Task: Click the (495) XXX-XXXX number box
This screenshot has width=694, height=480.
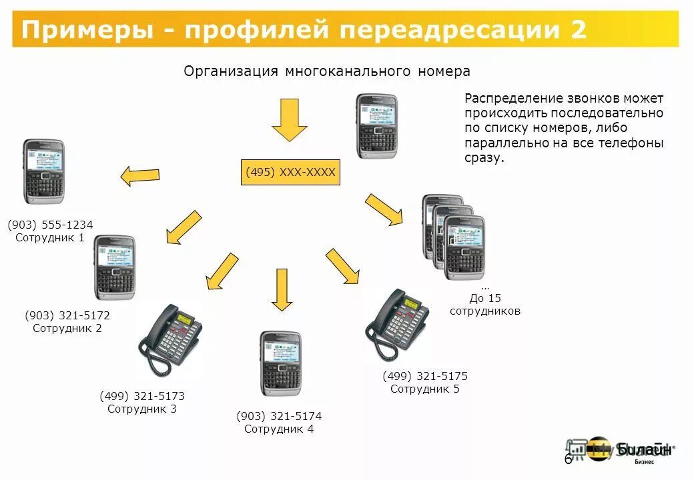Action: pyautogui.click(x=290, y=172)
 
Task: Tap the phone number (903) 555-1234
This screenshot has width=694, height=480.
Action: pyautogui.click(x=50, y=225)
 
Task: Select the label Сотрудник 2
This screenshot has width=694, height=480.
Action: pyautogui.click(x=67, y=328)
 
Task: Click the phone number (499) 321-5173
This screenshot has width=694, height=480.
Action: pyautogui.click(x=142, y=396)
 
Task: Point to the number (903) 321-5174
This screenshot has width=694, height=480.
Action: pyautogui.click(x=279, y=416)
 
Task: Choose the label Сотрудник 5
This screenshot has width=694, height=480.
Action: pyautogui.click(x=425, y=389)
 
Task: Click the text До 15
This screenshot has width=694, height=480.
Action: pyautogui.click(x=485, y=298)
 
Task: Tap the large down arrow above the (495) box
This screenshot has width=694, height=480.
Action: pyautogui.click(x=290, y=119)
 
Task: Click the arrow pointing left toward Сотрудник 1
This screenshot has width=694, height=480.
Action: pyautogui.click(x=140, y=175)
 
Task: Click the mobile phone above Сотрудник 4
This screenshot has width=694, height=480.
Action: pyautogui.click(x=280, y=363)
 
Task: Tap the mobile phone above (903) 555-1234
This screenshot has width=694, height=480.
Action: pyautogui.click(x=44, y=171)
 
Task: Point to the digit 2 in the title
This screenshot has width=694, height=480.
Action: pyautogui.click(x=578, y=30)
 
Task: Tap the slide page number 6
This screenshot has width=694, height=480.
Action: pyautogui.click(x=568, y=459)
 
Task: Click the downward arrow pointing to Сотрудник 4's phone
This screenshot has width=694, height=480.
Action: pyautogui.click(x=282, y=289)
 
